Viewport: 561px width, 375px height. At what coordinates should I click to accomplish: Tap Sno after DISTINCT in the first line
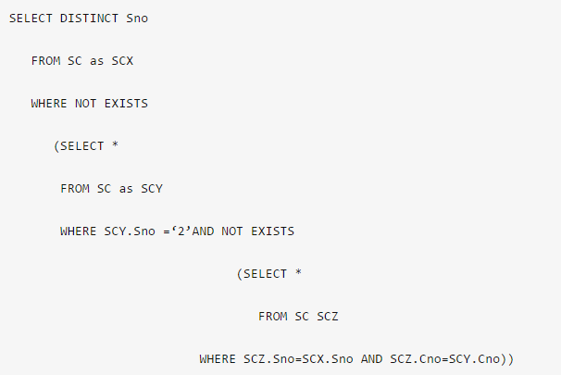click(x=135, y=19)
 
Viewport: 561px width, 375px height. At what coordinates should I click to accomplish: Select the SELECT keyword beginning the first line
click(x=31, y=19)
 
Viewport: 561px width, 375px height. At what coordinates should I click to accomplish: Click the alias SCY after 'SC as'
click(x=152, y=189)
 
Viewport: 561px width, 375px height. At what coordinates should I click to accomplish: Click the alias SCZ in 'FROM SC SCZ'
click(x=328, y=317)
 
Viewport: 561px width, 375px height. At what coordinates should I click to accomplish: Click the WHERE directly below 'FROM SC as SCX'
click(x=49, y=104)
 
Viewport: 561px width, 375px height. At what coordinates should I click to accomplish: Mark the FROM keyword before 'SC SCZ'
click(x=273, y=317)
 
